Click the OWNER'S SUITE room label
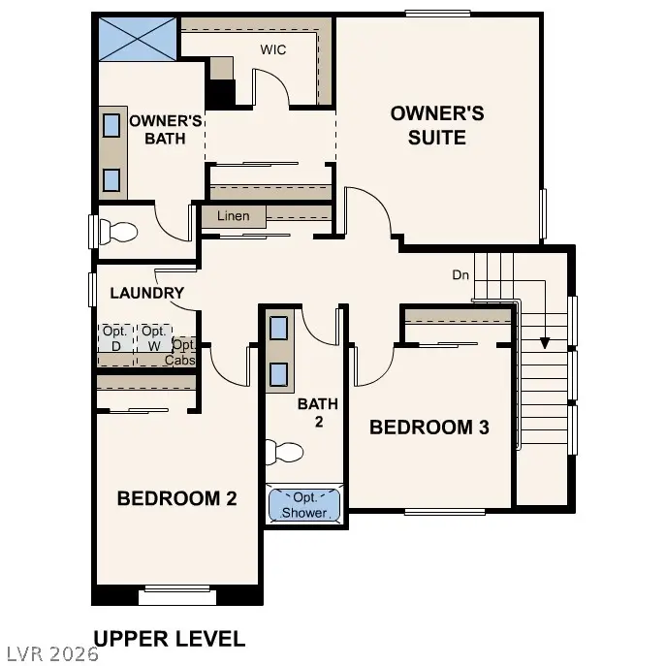pyautogui.click(x=437, y=125)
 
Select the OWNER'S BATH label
pyautogui.click(x=165, y=130)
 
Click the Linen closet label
pyautogui.click(x=233, y=216)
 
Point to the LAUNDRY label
pyautogui.click(x=146, y=293)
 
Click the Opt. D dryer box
pyautogui.click(x=114, y=338)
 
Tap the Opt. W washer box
pyautogui.click(x=153, y=338)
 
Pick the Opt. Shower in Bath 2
pyautogui.click(x=304, y=505)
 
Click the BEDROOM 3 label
pyautogui.click(x=428, y=427)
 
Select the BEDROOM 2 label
pyautogui.click(x=176, y=498)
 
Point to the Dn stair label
pyautogui.click(x=460, y=275)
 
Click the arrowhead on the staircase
pyautogui.click(x=545, y=342)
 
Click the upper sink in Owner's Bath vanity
pyautogui.click(x=112, y=125)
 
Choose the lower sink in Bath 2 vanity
pyautogui.click(x=278, y=374)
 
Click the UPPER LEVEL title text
pyautogui.click(x=169, y=638)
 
